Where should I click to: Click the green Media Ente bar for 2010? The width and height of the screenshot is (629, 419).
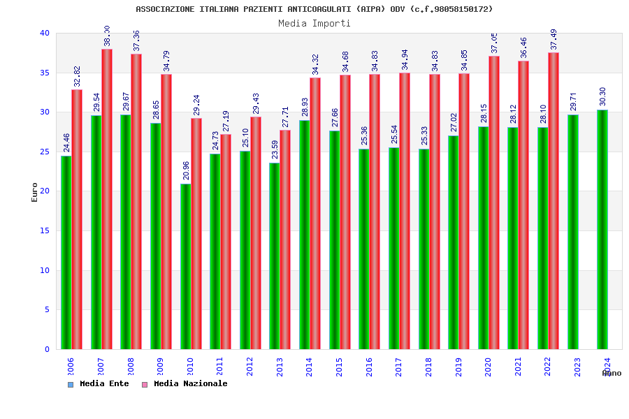tap(185, 266)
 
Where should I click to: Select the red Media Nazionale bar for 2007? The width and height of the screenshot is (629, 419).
tap(107, 199)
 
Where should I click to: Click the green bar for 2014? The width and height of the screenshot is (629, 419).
tap(305, 235)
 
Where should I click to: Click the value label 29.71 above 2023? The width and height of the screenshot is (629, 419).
tap(573, 103)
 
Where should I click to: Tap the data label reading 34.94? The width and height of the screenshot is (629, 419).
tap(405, 60)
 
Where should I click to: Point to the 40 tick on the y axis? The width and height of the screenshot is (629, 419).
tap(45, 33)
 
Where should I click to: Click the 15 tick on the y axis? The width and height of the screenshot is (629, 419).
tap(45, 230)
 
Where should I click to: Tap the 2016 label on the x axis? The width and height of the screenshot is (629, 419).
tap(369, 367)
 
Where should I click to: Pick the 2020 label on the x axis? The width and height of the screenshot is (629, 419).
tap(489, 367)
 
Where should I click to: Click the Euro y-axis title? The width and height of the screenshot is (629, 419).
tap(35, 192)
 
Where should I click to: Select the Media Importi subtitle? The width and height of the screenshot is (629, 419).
tap(314, 23)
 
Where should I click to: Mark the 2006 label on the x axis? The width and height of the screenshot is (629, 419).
tap(71, 367)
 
